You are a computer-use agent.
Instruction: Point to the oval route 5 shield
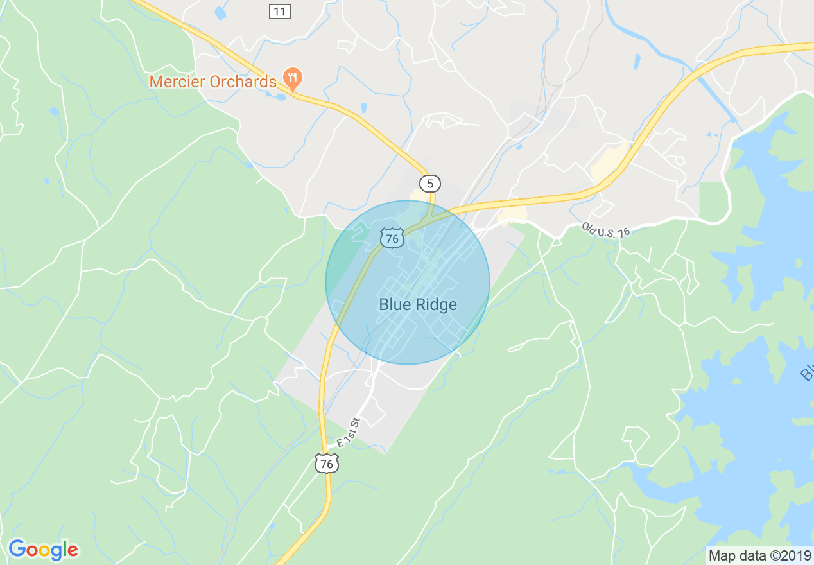pyautogui.click(x=431, y=184)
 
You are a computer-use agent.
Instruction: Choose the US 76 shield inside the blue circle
pyautogui.click(x=391, y=238)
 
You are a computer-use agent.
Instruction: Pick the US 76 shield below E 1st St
pyautogui.click(x=327, y=463)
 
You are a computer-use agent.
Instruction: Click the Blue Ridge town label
pyautogui.click(x=418, y=304)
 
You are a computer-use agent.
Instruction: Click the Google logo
pyautogui.click(x=43, y=550)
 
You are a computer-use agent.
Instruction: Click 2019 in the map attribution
pyautogui.click(x=796, y=555)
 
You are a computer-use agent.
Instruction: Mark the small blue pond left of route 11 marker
pyautogui.click(x=220, y=13)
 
